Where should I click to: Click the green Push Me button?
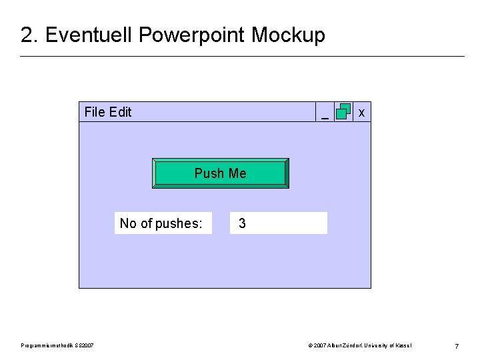(221, 173)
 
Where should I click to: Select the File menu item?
(95, 112)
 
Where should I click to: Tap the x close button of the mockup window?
(361, 113)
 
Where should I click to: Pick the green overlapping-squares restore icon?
(343, 111)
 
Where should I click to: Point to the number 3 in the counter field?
(242, 223)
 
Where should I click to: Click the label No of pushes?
(161, 223)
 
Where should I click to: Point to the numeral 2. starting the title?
(29, 35)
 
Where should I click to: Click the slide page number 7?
(456, 346)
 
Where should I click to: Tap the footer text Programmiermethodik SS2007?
(57, 345)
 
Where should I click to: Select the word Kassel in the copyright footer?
(403, 345)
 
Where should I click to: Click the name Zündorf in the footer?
(345, 345)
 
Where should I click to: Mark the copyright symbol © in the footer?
(311, 345)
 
